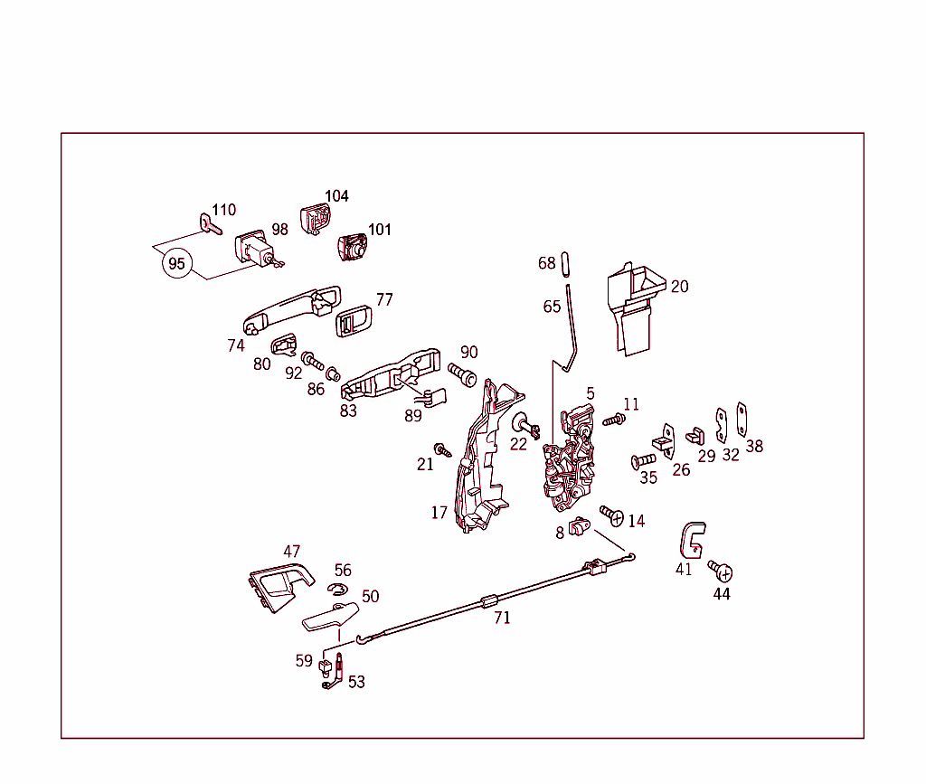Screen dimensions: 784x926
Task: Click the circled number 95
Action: tap(177, 264)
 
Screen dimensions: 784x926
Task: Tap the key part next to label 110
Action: tap(208, 223)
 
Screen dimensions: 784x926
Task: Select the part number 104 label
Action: tap(336, 196)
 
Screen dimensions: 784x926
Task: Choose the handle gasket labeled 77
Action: tap(354, 319)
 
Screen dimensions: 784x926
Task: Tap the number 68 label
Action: tap(547, 263)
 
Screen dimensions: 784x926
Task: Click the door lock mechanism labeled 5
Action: tap(570, 461)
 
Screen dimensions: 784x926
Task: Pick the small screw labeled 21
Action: tap(442, 449)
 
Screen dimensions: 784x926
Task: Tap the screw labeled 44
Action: tap(721, 571)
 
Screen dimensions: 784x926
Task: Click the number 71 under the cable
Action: tap(502, 619)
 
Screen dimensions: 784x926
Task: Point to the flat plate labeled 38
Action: tap(742, 419)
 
